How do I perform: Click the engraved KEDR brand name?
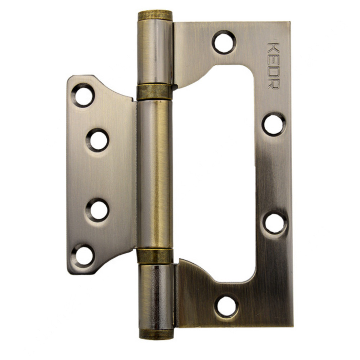tap(274, 66)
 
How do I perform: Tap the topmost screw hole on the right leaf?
tap(224, 42)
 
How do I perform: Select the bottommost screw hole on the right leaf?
tap(226, 307)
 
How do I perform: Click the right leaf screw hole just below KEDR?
tap(274, 124)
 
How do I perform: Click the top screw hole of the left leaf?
tap(83, 95)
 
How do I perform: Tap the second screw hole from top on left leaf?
tap(98, 140)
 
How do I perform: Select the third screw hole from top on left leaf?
tap(97, 210)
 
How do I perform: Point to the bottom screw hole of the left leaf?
tap(83, 256)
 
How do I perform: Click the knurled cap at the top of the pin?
tap(155, 15)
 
